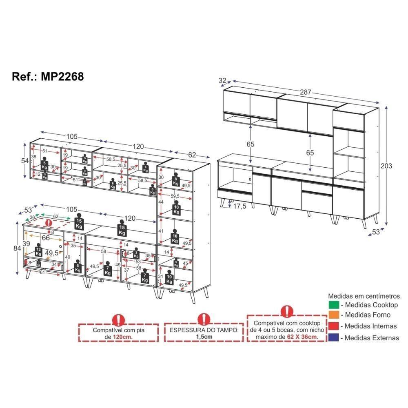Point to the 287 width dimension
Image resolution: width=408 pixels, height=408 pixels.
click(306, 93)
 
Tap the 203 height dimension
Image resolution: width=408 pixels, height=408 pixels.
click(386, 166)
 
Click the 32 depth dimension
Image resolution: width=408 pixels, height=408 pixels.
click(222, 81)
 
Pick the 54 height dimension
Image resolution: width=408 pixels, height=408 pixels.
click(25, 161)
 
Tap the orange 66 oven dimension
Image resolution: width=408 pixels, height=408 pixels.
click(46, 238)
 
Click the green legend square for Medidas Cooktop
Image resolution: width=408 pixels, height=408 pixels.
click(334, 305)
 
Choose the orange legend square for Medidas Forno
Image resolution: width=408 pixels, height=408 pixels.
click(334, 315)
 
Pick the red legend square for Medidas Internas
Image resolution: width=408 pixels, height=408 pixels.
click(334, 326)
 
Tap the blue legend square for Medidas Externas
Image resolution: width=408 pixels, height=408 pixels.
click(334, 337)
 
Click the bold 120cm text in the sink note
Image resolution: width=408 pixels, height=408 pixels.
click(122, 337)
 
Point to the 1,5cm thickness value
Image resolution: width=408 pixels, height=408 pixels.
click(204, 337)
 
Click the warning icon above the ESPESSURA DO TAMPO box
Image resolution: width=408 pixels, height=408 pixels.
click(204, 319)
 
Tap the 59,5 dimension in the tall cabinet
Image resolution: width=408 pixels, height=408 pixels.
click(175, 196)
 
